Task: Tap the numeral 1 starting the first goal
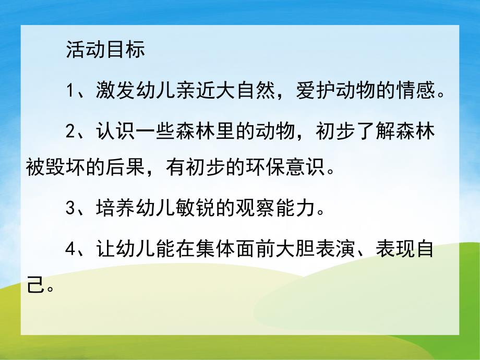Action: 72,92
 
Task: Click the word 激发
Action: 111,92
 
